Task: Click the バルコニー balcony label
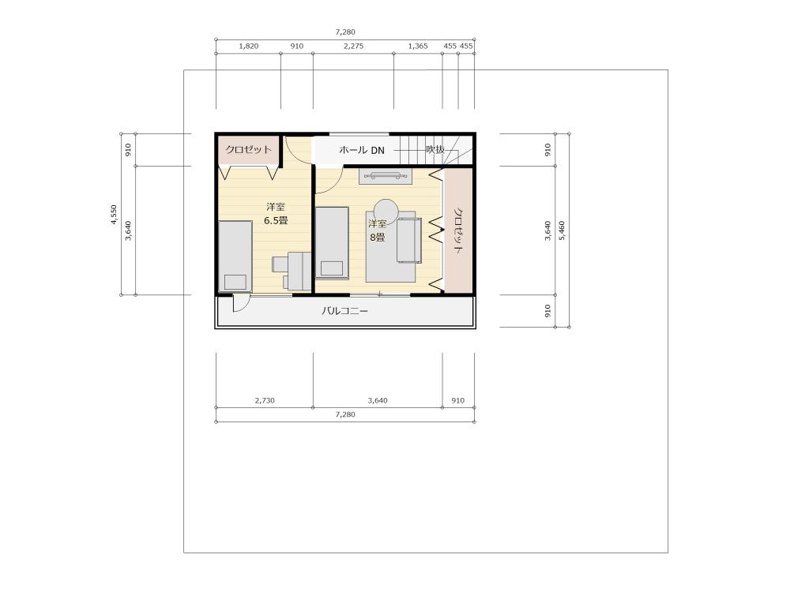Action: [344, 312]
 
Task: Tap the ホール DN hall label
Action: [362, 150]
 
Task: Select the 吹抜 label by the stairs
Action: [435, 149]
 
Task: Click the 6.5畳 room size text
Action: [276, 221]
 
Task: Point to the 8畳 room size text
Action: [377, 238]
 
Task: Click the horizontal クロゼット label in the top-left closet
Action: [248, 149]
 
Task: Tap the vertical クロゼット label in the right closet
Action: [458, 230]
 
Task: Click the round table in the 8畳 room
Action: [386, 212]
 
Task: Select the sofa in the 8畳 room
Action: [409, 240]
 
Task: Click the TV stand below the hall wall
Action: [386, 176]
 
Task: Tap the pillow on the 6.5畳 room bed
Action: [235, 283]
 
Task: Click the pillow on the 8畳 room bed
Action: [332, 268]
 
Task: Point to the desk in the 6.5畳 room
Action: [299, 271]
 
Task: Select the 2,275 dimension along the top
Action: [353, 46]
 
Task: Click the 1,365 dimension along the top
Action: [418, 46]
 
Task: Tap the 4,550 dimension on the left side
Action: [114, 215]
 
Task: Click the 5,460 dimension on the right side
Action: [562, 230]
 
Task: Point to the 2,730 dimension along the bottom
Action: [265, 401]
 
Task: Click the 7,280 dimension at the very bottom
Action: [345, 414]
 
